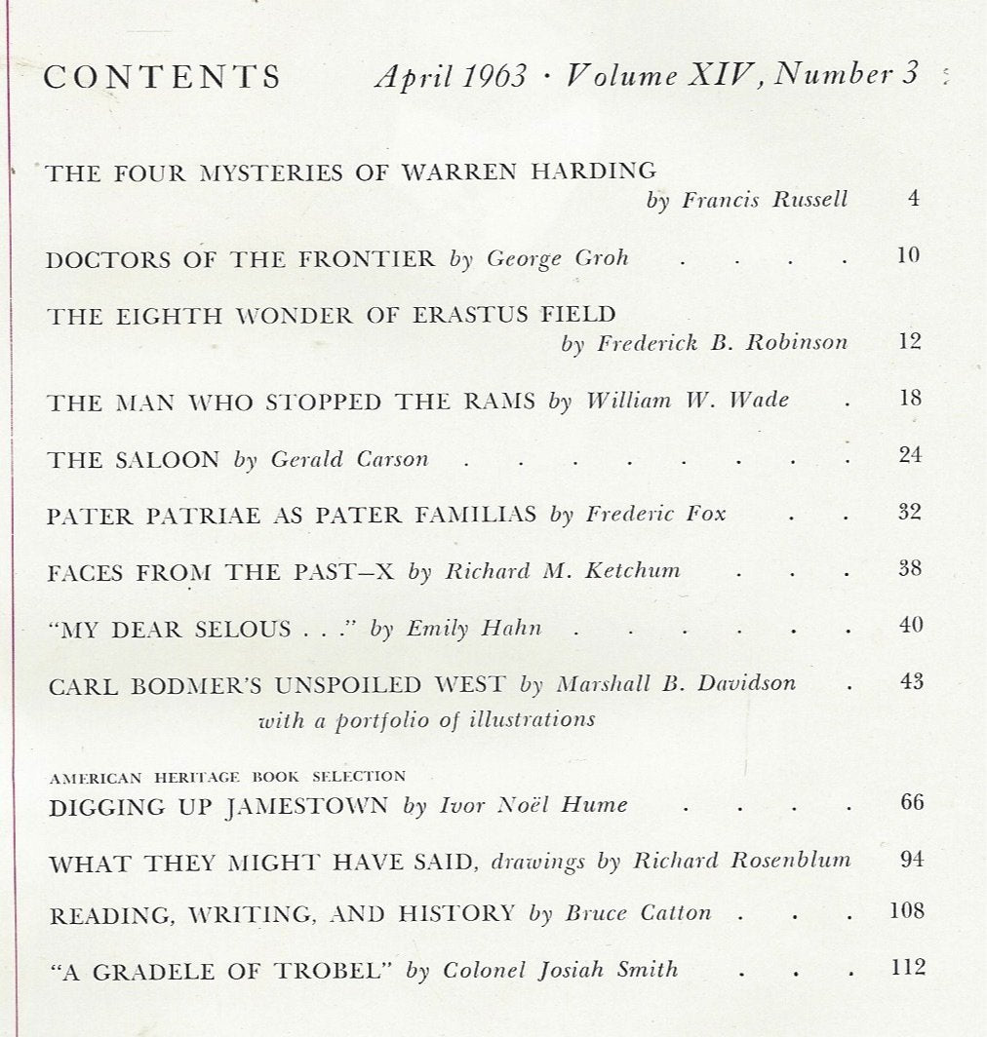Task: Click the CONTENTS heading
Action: [162, 77]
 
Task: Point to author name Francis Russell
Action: [765, 201]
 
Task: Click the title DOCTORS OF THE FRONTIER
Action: [240, 258]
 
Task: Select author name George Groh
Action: [557, 259]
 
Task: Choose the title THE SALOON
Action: [133, 459]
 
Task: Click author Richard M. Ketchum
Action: [563, 571]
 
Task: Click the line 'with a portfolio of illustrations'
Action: [426, 720]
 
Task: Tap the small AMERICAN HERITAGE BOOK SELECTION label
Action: [226, 777]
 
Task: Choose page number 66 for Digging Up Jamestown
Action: [911, 802]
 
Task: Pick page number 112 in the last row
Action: [907, 967]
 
